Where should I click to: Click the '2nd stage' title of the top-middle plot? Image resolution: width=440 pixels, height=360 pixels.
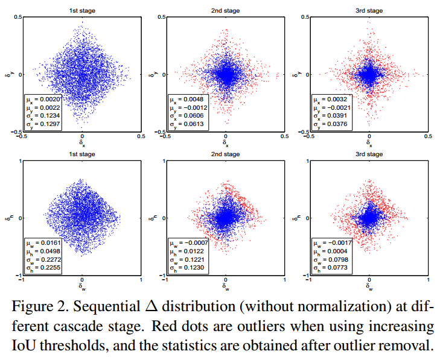pyautogui.click(x=226, y=11)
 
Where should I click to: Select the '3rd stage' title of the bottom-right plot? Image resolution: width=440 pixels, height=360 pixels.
pyautogui.click(x=369, y=154)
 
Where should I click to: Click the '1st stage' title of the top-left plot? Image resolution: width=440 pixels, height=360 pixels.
pyautogui.click(x=82, y=11)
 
